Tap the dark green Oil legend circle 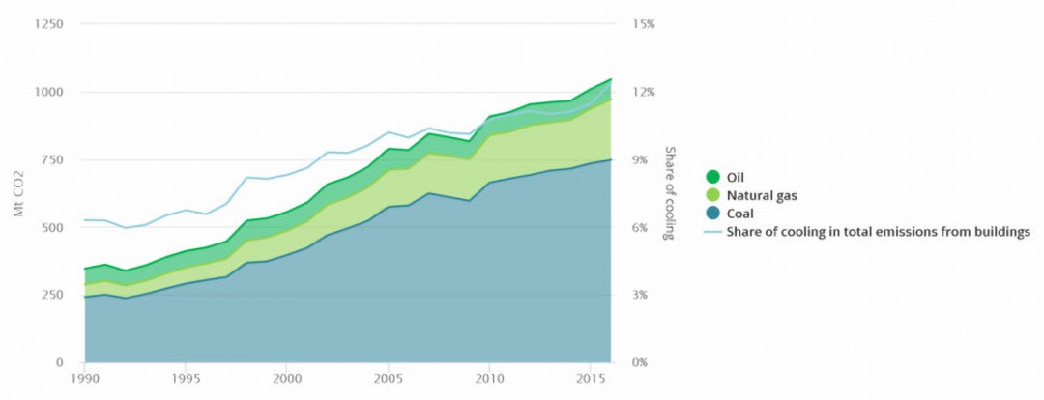click(713, 177)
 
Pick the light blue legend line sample click(713, 232)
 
